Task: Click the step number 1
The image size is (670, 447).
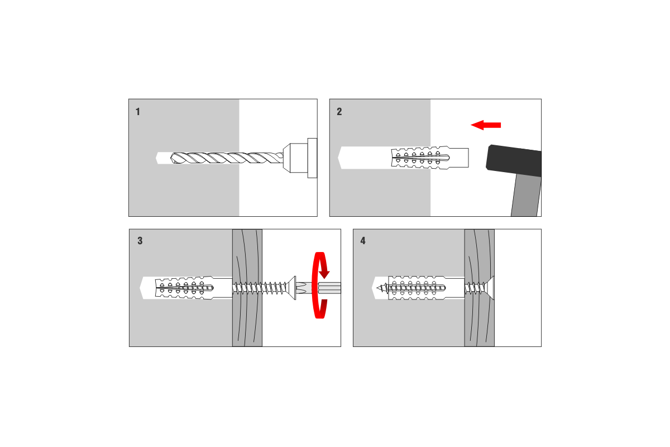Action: (137, 112)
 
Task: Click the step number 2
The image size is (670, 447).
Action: (339, 112)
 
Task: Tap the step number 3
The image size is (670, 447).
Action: (140, 241)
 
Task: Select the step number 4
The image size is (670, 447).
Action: (363, 241)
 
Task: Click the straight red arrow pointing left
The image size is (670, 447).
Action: (486, 125)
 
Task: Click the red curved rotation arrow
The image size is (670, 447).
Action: (320, 285)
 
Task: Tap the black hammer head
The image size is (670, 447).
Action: (514, 161)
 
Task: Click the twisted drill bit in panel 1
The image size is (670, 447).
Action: (227, 158)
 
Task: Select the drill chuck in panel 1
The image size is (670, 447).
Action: (300, 158)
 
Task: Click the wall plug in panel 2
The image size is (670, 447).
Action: (430, 158)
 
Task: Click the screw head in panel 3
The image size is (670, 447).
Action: (291, 288)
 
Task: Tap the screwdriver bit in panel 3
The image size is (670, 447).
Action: (318, 288)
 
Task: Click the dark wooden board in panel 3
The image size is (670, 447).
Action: (247, 288)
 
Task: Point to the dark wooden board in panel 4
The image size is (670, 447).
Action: (480, 288)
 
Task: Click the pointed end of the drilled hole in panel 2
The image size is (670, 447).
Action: (338, 158)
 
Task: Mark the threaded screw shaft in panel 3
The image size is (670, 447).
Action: (259, 288)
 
